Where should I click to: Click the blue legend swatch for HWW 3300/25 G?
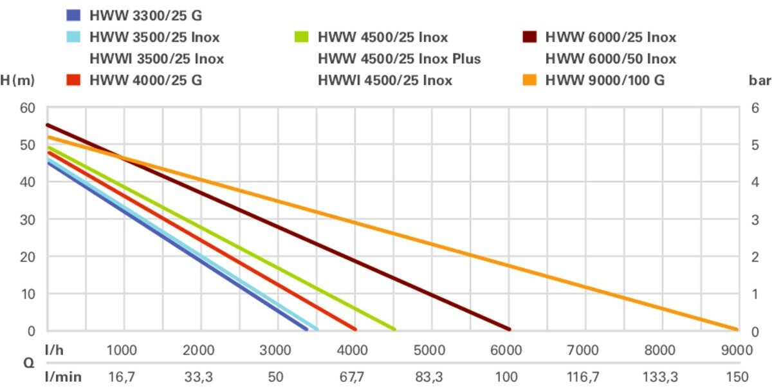click(74, 15)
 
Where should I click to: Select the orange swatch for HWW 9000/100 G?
click(529, 80)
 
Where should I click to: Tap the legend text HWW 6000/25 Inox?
click(611, 37)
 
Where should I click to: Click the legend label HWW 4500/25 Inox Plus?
click(399, 59)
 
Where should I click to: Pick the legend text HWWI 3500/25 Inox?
click(157, 59)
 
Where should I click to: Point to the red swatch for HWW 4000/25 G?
click(74, 80)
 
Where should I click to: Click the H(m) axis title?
click(17, 80)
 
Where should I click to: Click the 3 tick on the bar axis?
click(757, 220)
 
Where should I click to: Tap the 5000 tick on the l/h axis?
click(429, 350)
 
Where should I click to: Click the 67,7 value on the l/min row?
click(353, 377)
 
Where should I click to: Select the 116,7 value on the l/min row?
click(583, 377)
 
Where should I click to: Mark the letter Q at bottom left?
click(28, 363)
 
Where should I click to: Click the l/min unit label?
click(62, 377)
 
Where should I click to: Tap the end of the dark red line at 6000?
click(508, 329)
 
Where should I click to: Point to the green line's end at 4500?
click(394, 329)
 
